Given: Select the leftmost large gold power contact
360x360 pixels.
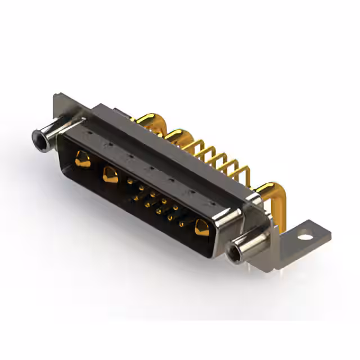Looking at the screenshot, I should click(x=82, y=160).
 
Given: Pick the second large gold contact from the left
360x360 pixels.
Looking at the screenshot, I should click(x=110, y=175).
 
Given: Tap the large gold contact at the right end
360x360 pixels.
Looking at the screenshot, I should click(x=201, y=228).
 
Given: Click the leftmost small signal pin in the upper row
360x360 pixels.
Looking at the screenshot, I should click(x=130, y=181).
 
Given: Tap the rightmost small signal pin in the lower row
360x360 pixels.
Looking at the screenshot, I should click(x=181, y=224).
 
